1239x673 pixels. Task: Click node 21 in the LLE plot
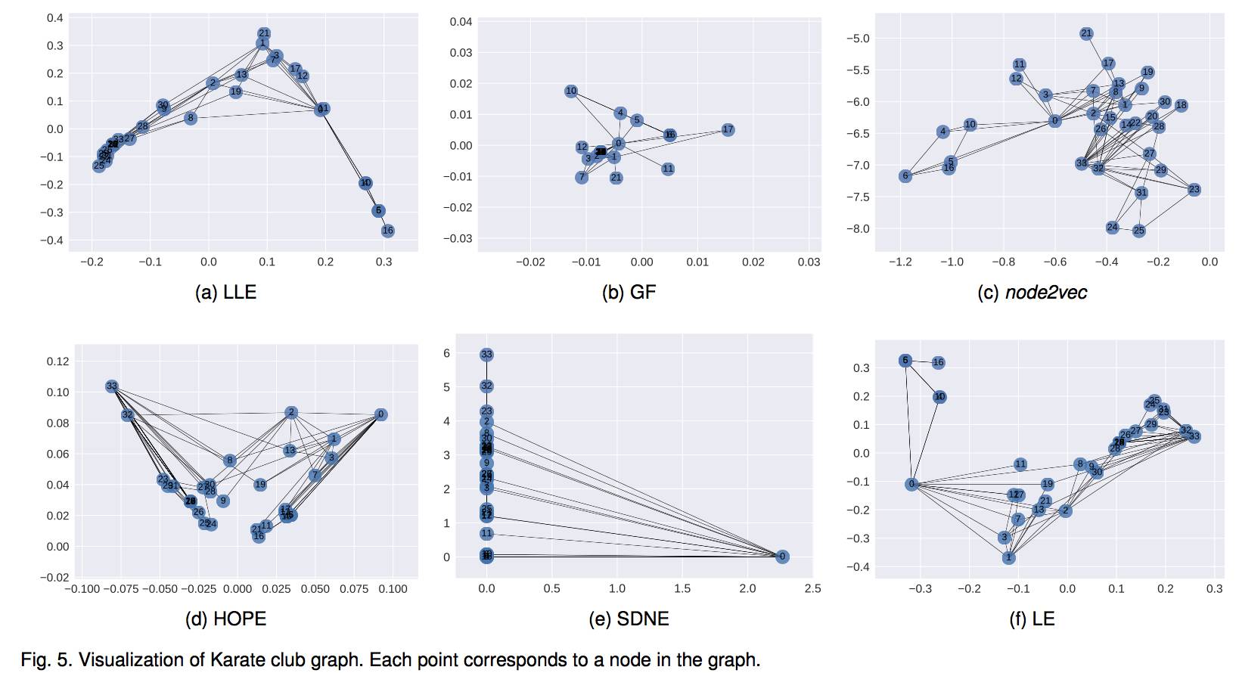tap(263, 33)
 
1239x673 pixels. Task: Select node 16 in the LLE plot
tap(387, 231)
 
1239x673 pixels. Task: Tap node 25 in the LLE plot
tap(99, 166)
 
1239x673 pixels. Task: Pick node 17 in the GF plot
tap(728, 130)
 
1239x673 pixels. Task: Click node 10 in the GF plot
tap(571, 91)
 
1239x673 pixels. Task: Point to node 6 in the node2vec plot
tap(905, 175)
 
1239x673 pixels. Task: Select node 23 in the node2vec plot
tap(1194, 189)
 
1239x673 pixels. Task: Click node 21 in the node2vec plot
tap(1086, 33)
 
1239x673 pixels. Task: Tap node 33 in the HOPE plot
tap(112, 386)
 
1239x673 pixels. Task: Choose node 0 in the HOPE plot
tap(380, 414)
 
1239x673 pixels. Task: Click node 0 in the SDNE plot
tap(782, 557)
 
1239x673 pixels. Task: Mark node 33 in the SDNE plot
tap(486, 354)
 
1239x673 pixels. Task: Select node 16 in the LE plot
tap(938, 362)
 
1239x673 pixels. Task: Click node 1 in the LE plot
tap(1008, 557)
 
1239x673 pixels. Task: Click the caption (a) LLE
tap(225, 293)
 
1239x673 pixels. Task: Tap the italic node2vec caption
tap(1045, 293)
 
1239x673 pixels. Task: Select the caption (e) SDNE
tap(629, 619)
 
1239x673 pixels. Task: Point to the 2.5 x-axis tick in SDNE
tap(812, 588)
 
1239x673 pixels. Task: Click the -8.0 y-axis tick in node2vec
tap(858, 228)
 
